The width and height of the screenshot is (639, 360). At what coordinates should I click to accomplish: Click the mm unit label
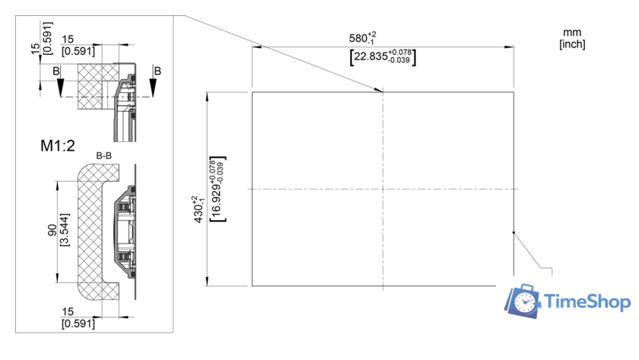(571, 32)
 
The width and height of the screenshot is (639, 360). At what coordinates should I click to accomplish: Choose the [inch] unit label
(572, 44)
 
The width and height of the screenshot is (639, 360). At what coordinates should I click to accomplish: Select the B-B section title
(104, 156)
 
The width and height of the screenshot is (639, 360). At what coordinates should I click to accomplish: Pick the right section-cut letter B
(157, 71)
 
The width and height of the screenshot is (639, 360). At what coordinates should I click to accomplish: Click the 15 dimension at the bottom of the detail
(68, 313)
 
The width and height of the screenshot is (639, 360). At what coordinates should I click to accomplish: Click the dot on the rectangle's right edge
(514, 233)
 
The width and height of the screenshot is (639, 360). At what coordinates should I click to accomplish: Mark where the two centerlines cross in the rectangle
(383, 189)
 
